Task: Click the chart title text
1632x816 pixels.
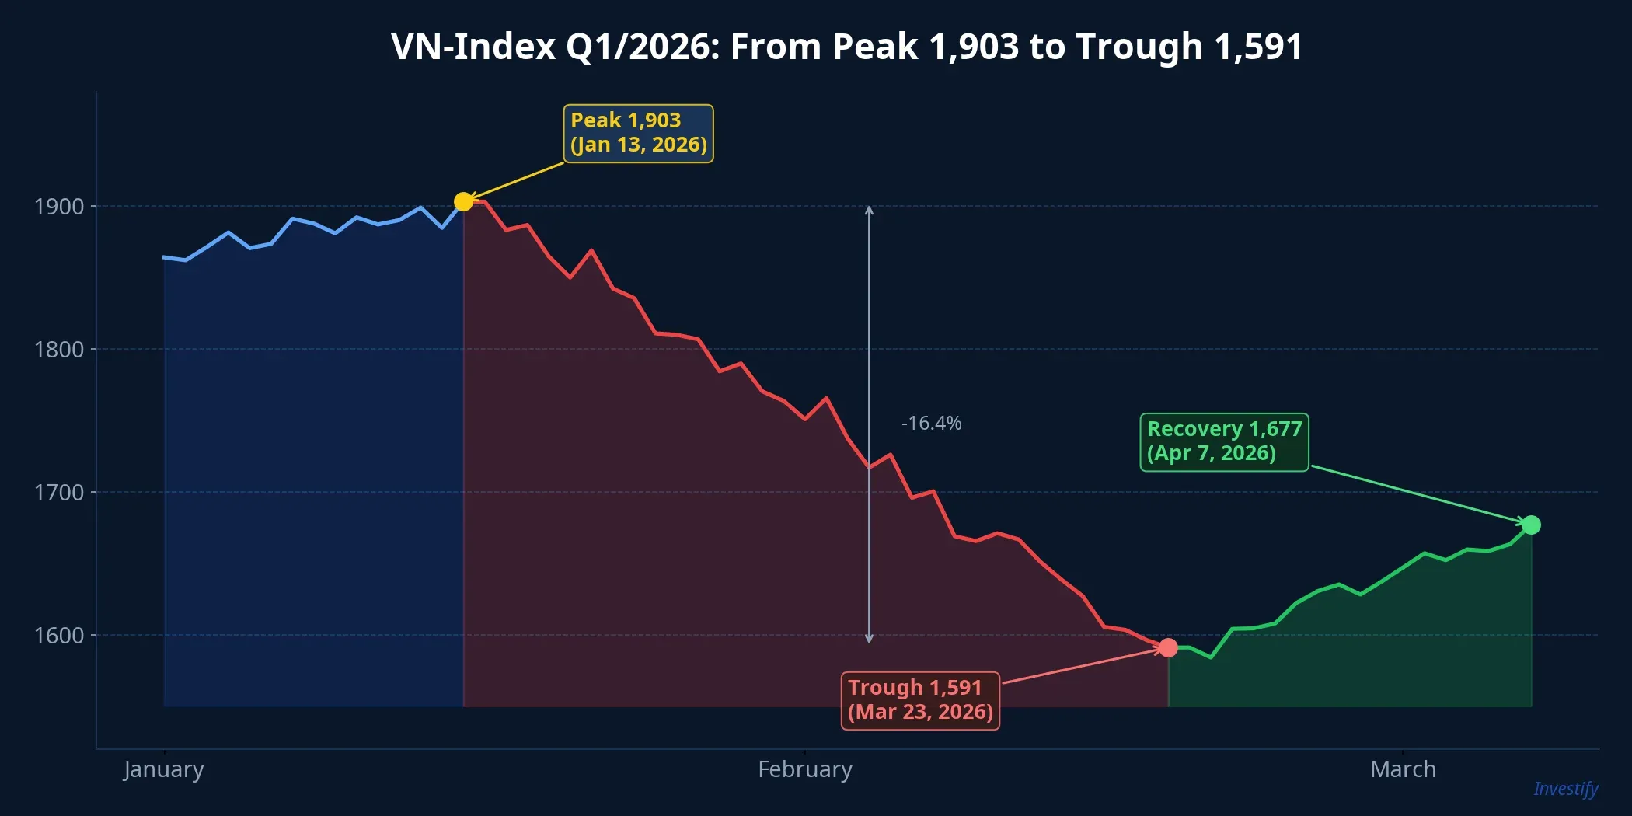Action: [846, 47]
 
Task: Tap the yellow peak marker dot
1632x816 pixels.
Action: [463, 202]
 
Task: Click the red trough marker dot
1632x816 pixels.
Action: [1168, 647]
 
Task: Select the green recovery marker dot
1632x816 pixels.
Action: [1531, 525]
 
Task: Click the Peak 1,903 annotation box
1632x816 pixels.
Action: [638, 134]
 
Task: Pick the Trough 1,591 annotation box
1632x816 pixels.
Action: [920, 700]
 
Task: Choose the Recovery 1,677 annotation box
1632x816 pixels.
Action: [1224, 441]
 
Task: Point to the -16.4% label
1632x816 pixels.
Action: [931, 424]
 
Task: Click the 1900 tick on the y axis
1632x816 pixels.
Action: [59, 207]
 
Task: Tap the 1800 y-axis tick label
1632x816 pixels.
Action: [59, 350]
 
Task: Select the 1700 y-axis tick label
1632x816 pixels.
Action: [59, 493]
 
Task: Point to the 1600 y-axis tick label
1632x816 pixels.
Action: [59, 636]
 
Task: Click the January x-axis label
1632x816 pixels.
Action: [164, 769]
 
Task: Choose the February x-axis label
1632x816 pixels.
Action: [805, 769]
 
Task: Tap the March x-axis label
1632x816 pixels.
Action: [1403, 769]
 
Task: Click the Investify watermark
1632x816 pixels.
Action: [1565, 789]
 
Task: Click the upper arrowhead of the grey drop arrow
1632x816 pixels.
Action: [869, 210]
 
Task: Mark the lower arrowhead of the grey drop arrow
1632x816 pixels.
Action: [869, 639]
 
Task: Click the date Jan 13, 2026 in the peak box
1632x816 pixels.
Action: [639, 145]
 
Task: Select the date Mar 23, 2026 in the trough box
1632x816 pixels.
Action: [920, 712]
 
